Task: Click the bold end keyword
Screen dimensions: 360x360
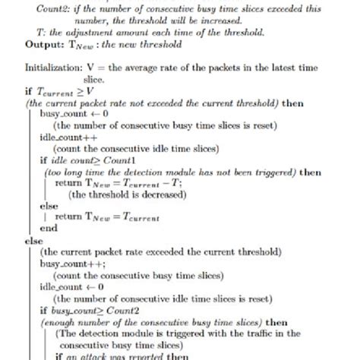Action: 48,226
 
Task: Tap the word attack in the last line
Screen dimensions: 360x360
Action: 95,355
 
